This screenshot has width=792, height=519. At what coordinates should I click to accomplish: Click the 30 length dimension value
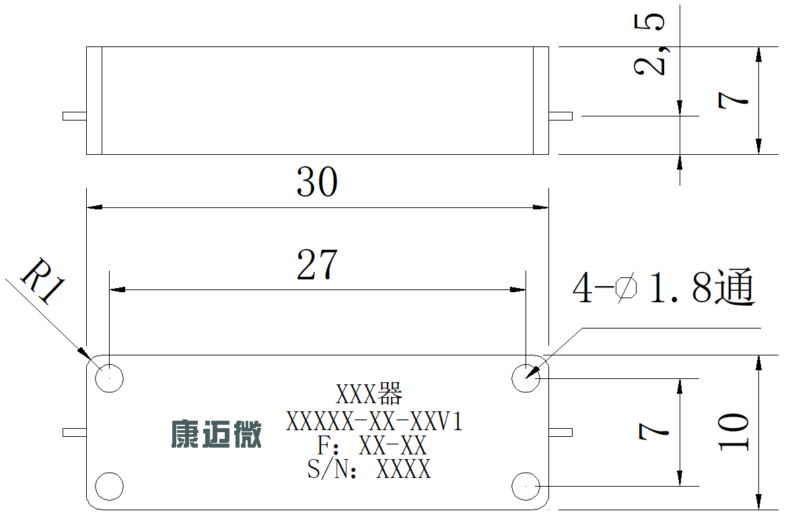pos(317,182)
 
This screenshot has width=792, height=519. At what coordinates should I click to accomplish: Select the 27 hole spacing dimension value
pos(317,265)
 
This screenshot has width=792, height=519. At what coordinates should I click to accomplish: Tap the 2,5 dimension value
pos(649,44)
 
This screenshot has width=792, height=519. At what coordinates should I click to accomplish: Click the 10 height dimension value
pos(733,431)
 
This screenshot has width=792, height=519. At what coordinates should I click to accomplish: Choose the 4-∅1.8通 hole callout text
pos(663,287)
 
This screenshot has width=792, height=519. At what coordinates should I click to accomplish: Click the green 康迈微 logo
pos(216,434)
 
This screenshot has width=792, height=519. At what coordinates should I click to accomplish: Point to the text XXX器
pos(369,394)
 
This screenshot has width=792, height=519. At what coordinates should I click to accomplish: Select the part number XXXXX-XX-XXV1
pos(374,421)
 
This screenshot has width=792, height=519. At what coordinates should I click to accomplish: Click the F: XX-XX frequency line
pos(372,445)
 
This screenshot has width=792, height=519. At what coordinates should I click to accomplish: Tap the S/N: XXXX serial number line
pos(369,469)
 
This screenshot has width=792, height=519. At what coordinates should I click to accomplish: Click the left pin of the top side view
pos(75,116)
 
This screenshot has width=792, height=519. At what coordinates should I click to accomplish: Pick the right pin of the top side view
pos(561,116)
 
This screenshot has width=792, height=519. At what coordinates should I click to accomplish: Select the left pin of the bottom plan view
pos(75,433)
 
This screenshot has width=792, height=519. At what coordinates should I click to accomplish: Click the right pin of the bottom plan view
pos(561,433)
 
